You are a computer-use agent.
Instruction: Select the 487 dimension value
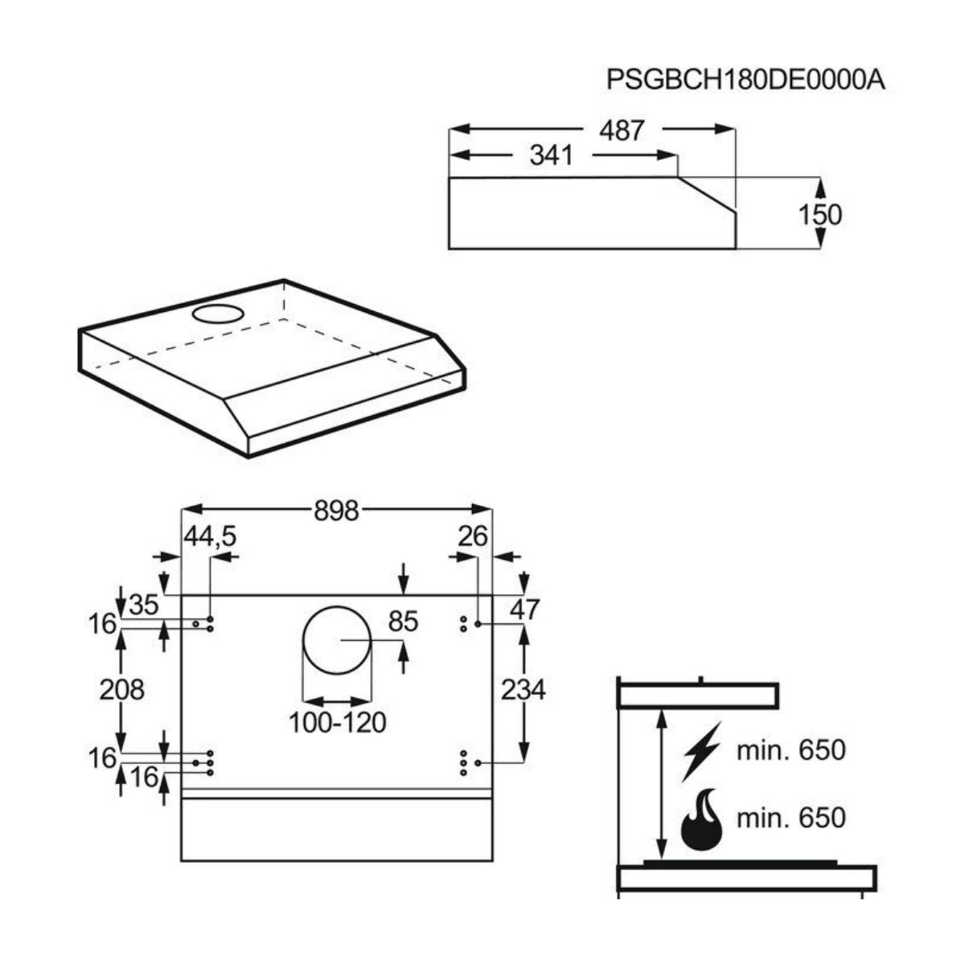point(622,131)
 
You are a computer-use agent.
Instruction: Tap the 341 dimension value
point(552,155)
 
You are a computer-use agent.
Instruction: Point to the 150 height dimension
point(819,215)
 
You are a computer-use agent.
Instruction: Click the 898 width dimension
point(336,511)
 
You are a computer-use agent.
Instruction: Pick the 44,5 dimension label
point(210,537)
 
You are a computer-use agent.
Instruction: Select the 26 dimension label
point(473,537)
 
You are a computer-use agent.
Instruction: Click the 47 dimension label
point(524,610)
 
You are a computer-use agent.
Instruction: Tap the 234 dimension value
point(524,690)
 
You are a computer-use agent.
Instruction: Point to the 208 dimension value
point(121,689)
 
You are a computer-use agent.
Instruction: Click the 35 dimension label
point(144,605)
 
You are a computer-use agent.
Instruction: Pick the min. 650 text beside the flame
point(791,818)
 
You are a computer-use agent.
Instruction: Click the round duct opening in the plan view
point(337,640)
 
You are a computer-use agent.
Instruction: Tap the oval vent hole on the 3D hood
point(219,314)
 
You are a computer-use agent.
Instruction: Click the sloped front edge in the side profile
point(707,194)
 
